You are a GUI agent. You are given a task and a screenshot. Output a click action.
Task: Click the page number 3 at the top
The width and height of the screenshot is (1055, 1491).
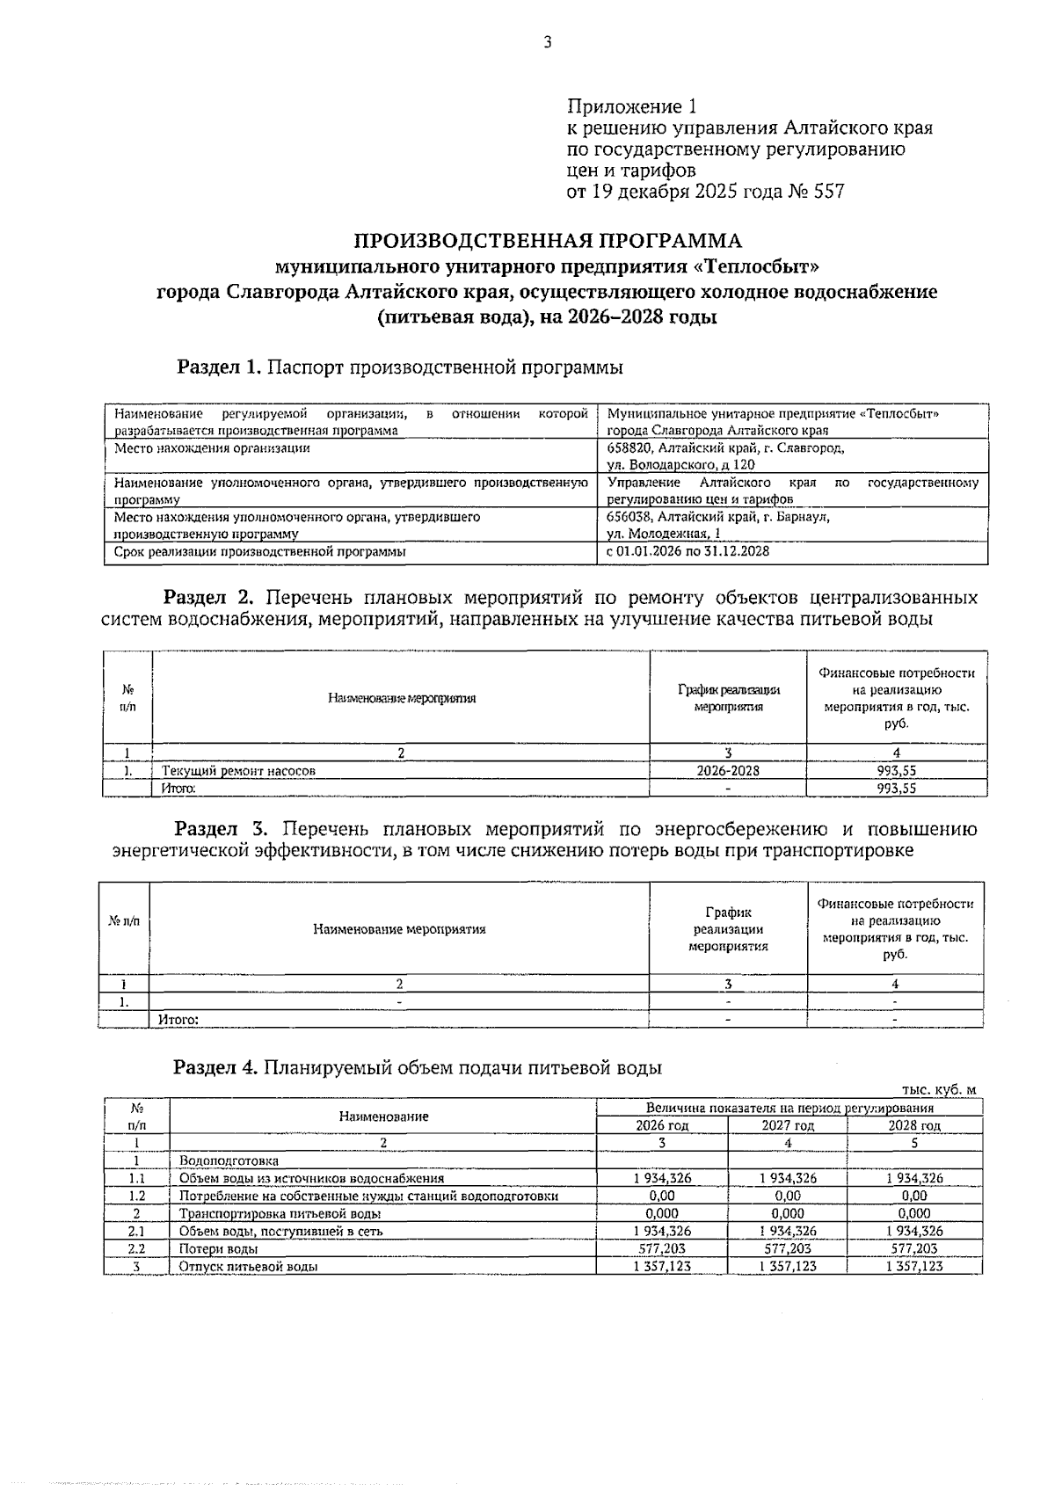(x=547, y=42)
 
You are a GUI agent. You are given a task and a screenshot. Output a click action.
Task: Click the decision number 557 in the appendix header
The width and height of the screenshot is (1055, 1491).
(x=830, y=192)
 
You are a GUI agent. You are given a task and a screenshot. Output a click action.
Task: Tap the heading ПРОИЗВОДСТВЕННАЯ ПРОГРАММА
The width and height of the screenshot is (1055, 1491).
(x=547, y=241)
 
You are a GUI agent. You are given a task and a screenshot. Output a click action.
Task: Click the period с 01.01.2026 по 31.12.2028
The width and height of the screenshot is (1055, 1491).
(x=688, y=552)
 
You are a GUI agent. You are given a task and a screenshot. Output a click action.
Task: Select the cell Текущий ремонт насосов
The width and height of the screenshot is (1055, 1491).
(x=238, y=771)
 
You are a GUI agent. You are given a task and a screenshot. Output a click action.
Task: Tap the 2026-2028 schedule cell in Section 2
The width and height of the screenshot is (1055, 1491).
(x=728, y=771)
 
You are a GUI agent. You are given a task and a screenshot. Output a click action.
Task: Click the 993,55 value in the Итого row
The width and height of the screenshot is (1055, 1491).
(x=896, y=789)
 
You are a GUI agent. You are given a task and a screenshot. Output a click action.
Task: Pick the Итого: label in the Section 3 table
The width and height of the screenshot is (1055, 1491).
(x=178, y=1020)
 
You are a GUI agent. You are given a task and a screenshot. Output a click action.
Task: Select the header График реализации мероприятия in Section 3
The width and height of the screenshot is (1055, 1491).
(x=728, y=929)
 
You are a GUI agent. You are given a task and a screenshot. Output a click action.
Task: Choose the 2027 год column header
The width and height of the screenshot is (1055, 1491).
(x=787, y=1125)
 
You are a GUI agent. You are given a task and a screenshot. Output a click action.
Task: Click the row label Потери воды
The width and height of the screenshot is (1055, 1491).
(x=218, y=1248)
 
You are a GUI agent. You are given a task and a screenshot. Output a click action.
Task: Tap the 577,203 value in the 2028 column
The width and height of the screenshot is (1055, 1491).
(x=914, y=1248)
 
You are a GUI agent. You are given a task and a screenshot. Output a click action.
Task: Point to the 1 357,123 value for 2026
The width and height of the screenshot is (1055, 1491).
(x=662, y=1266)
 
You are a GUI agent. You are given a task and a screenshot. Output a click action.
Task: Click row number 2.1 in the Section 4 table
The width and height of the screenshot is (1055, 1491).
(x=136, y=1231)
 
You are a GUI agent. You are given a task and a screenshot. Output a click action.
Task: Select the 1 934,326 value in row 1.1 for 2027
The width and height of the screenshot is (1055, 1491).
(x=787, y=1178)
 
